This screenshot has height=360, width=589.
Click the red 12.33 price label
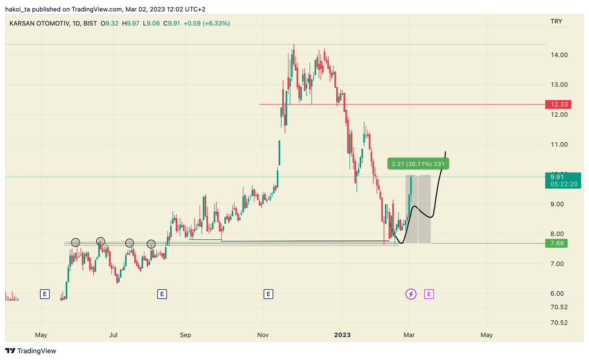pyautogui.click(x=556, y=104)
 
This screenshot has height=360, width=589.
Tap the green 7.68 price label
pyautogui.click(x=556, y=243)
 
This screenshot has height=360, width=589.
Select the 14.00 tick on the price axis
pyautogui.click(x=559, y=55)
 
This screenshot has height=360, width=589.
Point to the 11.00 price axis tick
pyautogui.click(x=559, y=145)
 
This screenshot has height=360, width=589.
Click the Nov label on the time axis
pyautogui.click(x=263, y=335)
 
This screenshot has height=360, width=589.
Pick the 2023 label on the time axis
pyautogui.click(x=342, y=335)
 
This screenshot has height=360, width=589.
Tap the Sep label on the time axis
pyautogui.click(x=185, y=335)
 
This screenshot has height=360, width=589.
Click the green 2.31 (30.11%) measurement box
pyautogui.click(x=418, y=164)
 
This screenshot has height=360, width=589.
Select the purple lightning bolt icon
pyautogui.click(x=411, y=294)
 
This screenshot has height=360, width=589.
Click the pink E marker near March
pyautogui.click(x=429, y=294)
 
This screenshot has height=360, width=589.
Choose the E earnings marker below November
pyautogui.click(x=268, y=294)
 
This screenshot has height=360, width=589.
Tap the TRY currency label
pyautogui.click(x=556, y=21)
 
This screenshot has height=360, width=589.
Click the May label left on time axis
pyautogui.click(x=41, y=335)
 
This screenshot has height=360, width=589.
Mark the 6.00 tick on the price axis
pyautogui.click(x=559, y=294)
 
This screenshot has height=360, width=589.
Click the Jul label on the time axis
pyautogui.click(x=113, y=335)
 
